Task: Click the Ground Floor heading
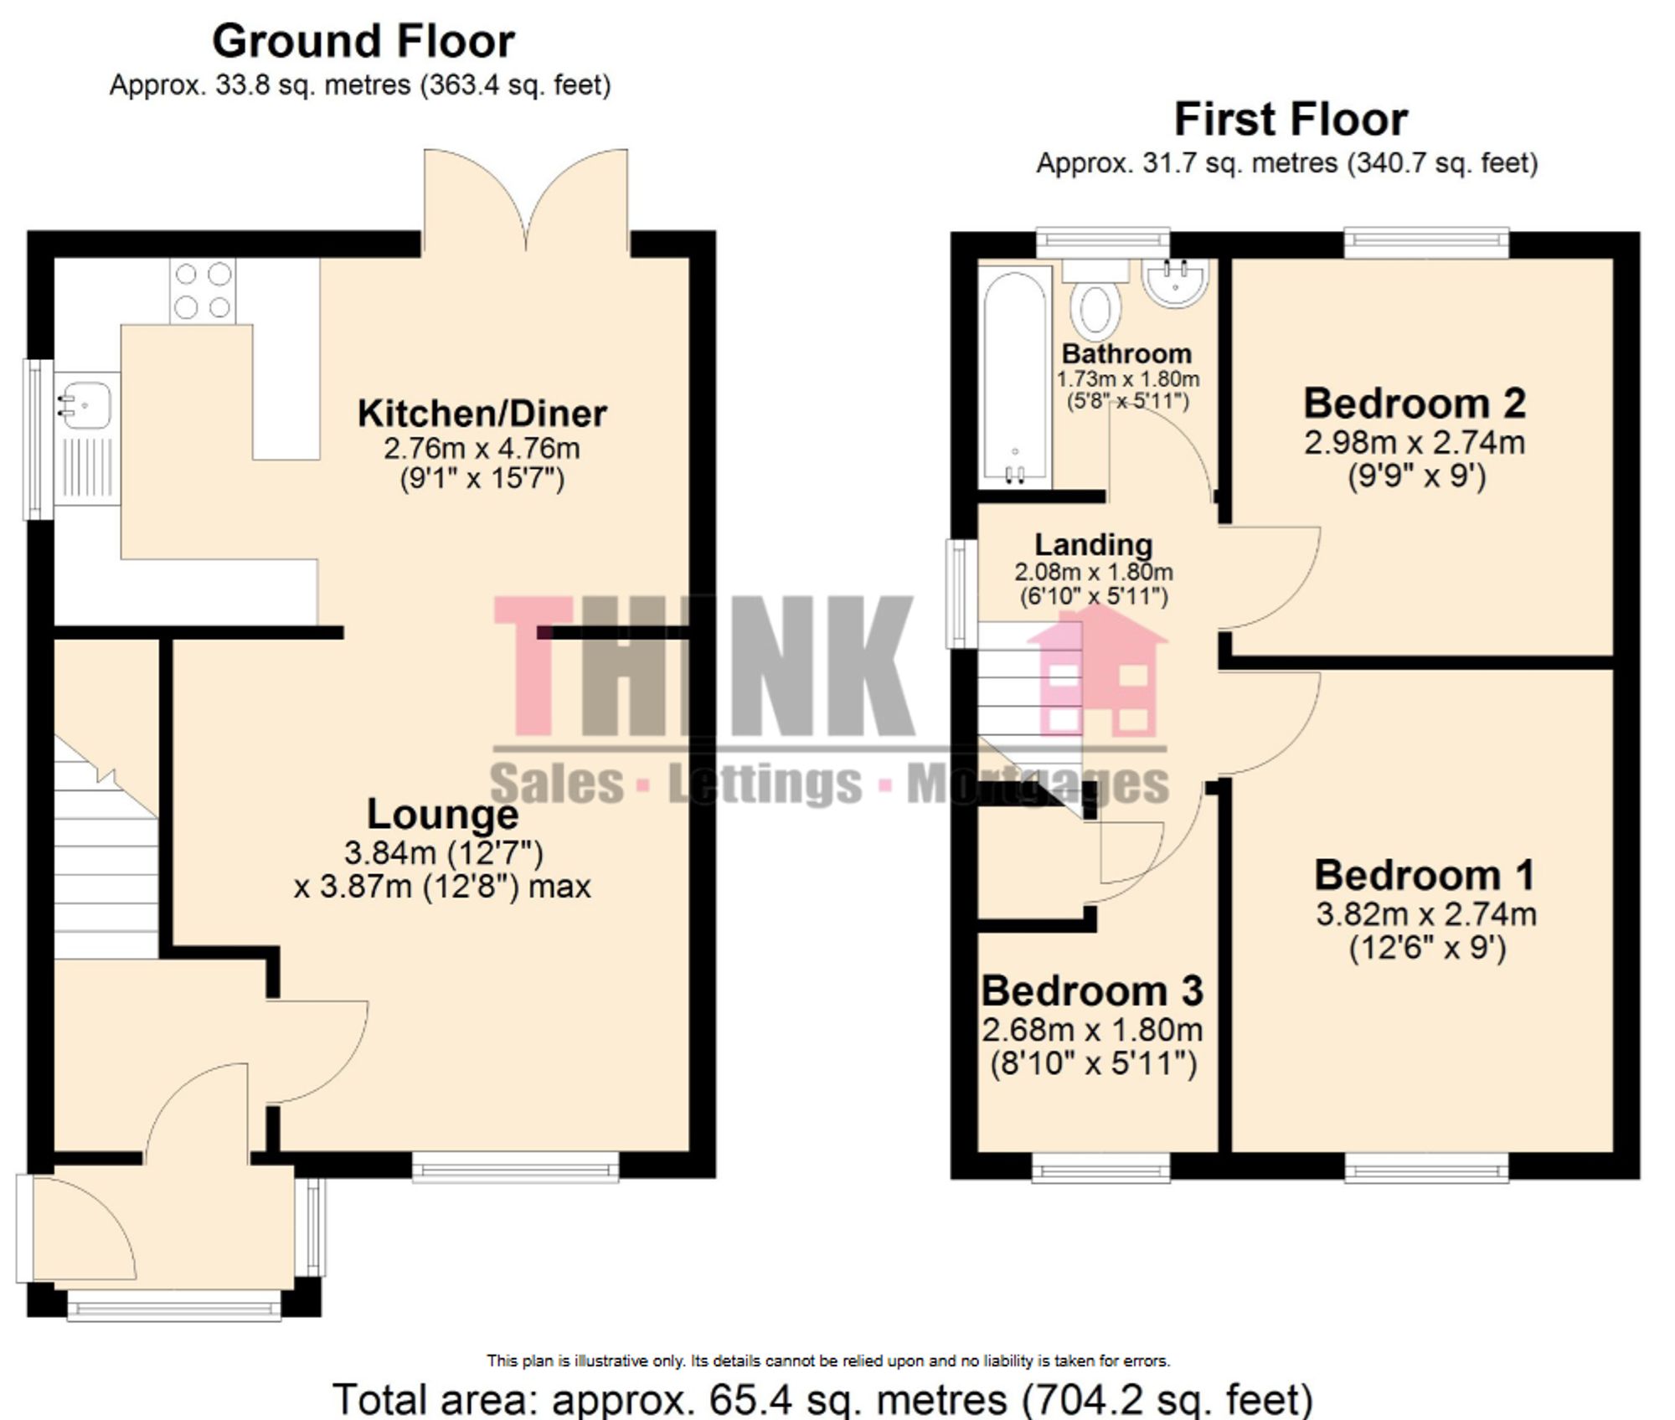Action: pyautogui.click(x=363, y=42)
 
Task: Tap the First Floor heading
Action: pyautogui.click(x=1290, y=119)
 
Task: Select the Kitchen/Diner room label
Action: pyautogui.click(x=482, y=414)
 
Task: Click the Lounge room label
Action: pyautogui.click(x=442, y=815)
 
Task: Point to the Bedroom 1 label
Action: pyautogui.click(x=1425, y=876)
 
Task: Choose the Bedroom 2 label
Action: pyautogui.click(x=1415, y=404)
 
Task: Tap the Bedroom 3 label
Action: pyautogui.click(x=1092, y=991)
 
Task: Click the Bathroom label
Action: pyautogui.click(x=1126, y=354)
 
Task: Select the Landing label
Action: pyautogui.click(x=1093, y=545)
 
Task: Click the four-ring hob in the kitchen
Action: pyautogui.click(x=203, y=291)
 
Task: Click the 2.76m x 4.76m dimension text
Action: pyautogui.click(x=482, y=449)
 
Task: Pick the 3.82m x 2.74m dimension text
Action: pyautogui.click(x=1425, y=914)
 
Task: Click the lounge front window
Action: pyautogui.click(x=515, y=1167)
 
